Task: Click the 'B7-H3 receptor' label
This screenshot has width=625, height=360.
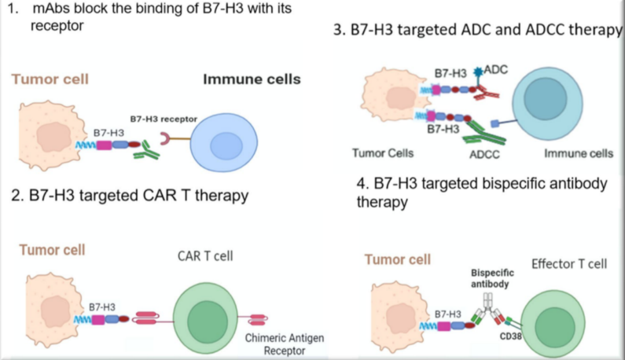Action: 163,119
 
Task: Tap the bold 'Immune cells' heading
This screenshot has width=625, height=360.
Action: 252,79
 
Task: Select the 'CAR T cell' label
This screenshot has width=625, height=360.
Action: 205,255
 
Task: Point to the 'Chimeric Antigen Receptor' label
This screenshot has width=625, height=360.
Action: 284,344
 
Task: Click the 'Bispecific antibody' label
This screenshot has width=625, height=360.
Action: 490,278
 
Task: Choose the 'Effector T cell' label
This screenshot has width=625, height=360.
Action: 569,264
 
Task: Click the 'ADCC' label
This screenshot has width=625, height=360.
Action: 484,155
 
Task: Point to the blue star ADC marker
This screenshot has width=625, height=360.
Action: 478,73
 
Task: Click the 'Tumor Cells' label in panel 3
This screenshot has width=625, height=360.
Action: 383,153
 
